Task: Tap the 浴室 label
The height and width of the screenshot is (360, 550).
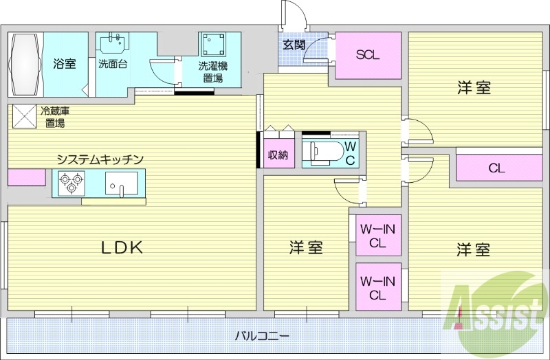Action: [x=65, y=65]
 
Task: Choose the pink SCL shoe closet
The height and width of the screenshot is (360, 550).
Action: [x=368, y=56]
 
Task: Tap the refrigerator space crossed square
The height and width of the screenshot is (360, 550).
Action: [x=24, y=116]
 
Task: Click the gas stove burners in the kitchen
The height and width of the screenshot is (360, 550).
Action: [x=70, y=182]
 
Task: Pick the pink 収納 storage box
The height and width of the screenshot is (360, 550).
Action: [x=278, y=155]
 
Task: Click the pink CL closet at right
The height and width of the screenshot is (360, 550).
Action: [x=497, y=168]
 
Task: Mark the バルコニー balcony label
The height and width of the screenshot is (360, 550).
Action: [x=262, y=337]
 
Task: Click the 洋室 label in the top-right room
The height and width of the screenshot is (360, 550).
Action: [x=474, y=88]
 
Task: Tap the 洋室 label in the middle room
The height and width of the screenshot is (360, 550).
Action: [x=306, y=248]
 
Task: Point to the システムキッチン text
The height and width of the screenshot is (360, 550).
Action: [x=100, y=159]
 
